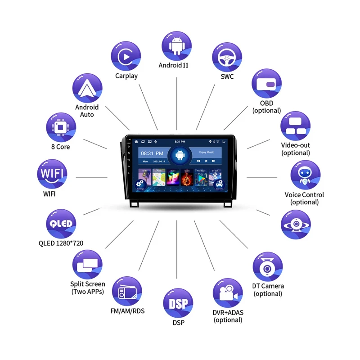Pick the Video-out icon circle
[x=296, y=126]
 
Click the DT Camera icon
[x=268, y=267]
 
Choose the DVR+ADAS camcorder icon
[x=228, y=293]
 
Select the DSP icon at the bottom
[x=178, y=303]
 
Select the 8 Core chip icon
[x=61, y=126]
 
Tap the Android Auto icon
[x=87, y=88]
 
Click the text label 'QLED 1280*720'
[x=61, y=243]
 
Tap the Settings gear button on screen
[x=139, y=185]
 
